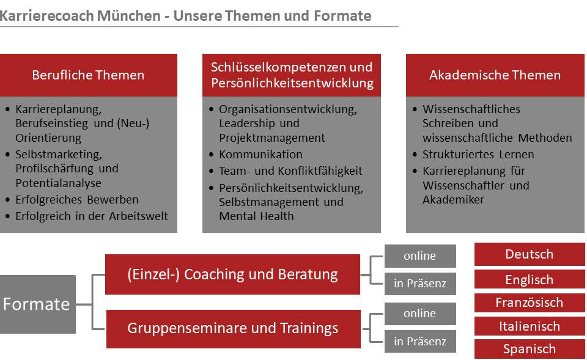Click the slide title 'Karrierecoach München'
tap(80, 16)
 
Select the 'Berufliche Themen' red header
tap(88, 75)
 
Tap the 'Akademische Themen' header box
tap(495, 75)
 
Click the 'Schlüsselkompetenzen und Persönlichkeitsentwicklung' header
tap(292, 75)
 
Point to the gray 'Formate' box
tap(37, 304)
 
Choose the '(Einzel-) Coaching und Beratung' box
tap(232, 274)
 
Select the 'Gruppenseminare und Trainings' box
tap(233, 329)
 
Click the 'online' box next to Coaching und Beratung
tap(420, 256)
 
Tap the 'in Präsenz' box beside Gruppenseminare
tap(420, 341)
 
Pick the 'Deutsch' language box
tap(530, 254)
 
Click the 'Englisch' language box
tap(530, 279)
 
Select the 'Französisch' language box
tap(530, 303)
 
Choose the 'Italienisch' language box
tap(530, 326)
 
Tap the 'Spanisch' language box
tap(530, 349)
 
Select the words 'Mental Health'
tap(256, 216)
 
